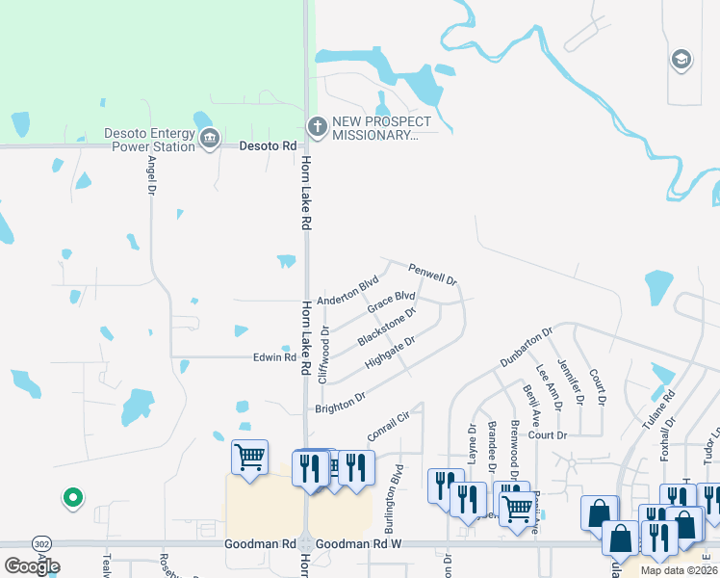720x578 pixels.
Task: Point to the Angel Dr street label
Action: tap(151, 178)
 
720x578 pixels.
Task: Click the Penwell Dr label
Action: tap(431, 274)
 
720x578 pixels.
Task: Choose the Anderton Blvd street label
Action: tap(347, 292)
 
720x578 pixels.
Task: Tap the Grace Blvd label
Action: tap(391, 302)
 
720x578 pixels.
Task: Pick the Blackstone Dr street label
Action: tap(386, 328)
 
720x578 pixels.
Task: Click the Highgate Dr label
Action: tap(390, 353)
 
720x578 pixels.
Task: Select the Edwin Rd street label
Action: tap(274, 357)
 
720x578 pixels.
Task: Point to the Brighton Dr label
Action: tap(340, 403)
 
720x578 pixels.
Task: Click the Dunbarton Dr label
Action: tap(526, 348)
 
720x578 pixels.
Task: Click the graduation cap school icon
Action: tap(681, 60)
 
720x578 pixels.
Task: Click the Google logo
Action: tap(32, 565)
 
